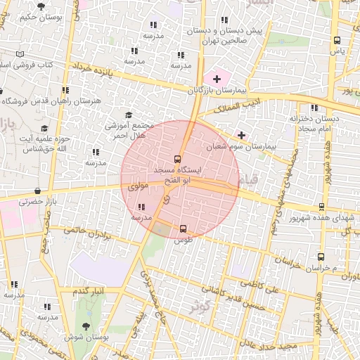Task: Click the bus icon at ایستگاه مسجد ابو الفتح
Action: (x=176, y=159)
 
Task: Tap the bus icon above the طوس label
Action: (x=184, y=229)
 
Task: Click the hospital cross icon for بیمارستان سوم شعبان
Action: (x=242, y=134)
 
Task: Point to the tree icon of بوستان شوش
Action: (x=86, y=326)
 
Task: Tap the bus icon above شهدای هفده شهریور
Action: (x=321, y=206)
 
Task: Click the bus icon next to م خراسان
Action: (x=321, y=257)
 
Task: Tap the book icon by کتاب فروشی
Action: (x=20, y=54)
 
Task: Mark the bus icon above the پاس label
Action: (x=337, y=40)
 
